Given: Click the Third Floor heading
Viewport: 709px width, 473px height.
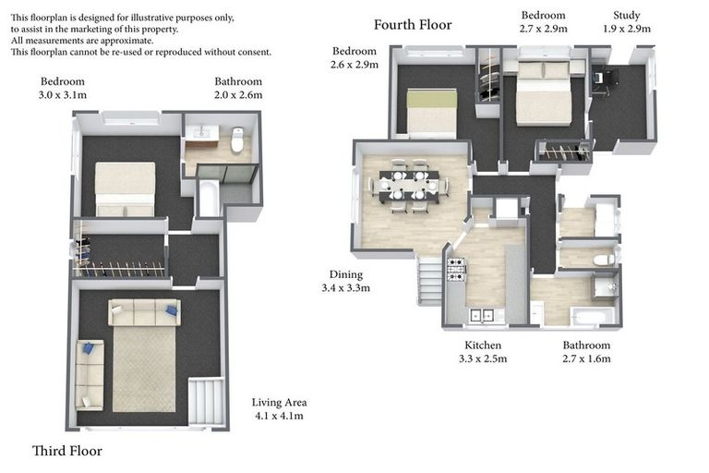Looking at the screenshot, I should (x=67, y=451).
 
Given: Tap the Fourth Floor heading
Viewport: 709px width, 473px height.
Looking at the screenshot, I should (x=413, y=25).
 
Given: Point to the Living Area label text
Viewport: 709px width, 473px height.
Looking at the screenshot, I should (x=279, y=408).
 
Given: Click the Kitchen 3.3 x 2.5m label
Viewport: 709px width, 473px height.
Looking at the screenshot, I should (x=483, y=352).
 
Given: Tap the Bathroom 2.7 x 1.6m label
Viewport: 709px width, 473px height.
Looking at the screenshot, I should (x=586, y=352).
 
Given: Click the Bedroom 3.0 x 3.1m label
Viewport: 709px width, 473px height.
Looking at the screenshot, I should (x=62, y=88).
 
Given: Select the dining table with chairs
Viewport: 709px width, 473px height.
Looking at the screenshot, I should (x=410, y=188).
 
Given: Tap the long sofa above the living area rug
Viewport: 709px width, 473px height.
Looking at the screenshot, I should (x=144, y=312).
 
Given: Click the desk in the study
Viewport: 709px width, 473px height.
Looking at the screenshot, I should (x=597, y=81).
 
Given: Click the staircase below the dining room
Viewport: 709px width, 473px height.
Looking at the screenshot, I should (x=430, y=282).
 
